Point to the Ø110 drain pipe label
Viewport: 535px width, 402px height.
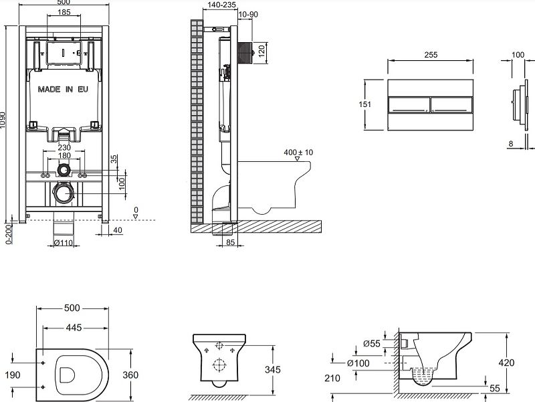click(x=64, y=242)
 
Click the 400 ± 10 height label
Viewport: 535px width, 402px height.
click(x=298, y=153)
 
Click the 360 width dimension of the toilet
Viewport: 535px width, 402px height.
click(x=131, y=375)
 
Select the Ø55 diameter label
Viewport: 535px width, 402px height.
click(x=372, y=343)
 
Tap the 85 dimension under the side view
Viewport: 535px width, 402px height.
click(x=229, y=243)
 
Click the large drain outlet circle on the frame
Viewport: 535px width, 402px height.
click(x=64, y=193)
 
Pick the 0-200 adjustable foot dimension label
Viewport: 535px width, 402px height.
click(x=8, y=233)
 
